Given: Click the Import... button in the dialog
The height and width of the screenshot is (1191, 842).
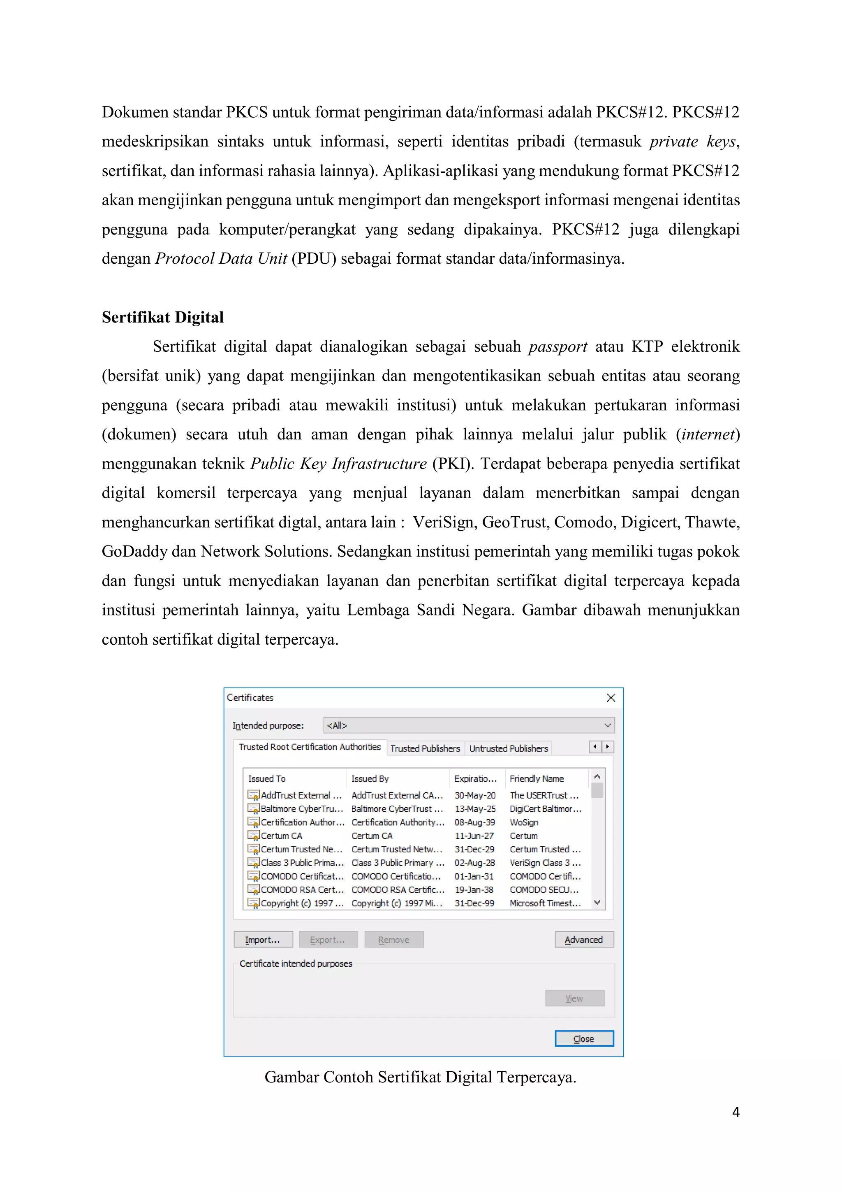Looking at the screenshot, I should point(263,939).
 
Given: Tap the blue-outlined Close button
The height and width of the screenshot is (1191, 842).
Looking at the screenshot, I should point(584,1038).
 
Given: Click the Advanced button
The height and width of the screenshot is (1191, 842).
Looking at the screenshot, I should point(584,939).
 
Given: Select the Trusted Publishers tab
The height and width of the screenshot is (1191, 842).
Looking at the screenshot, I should point(425,748).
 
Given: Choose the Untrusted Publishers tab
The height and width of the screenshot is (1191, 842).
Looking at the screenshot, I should point(508,748).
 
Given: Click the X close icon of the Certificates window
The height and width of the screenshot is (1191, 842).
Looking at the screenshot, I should point(611,698).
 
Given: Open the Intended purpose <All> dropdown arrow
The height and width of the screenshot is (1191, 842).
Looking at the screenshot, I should point(608,725).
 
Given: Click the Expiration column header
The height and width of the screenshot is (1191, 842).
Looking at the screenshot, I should point(475,779).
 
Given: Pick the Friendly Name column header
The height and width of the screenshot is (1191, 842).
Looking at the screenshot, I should point(537,779).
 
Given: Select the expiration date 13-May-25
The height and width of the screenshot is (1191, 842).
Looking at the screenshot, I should point(475,809).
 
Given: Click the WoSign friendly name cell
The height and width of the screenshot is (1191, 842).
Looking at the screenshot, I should point(524,822).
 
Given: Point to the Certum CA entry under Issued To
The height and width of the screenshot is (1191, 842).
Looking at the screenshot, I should point(282,836).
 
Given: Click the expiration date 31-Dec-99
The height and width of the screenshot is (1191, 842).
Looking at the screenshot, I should point(474,903).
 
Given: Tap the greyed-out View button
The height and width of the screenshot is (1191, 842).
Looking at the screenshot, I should point(574,998).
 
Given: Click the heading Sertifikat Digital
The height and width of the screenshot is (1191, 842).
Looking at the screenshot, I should point(162,317).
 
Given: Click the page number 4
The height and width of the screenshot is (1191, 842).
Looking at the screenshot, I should point(735,1112).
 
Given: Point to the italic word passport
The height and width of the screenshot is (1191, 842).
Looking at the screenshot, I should point(557,346).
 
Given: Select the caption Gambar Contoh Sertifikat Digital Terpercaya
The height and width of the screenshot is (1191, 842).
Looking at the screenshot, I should point(421,1077).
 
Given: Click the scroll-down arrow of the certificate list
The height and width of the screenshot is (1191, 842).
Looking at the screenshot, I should point(597,903).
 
